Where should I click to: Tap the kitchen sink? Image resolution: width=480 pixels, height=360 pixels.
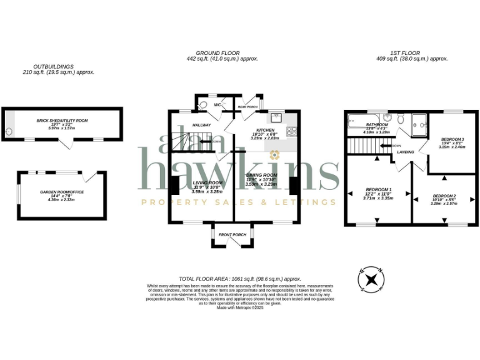pyautogui.click(x=277, y=117)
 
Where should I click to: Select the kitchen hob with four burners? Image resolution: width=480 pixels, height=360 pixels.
pyautogui.click(x=291, y=131)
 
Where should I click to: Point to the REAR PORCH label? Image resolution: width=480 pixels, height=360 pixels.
pyautogui.click(x=247, y=107)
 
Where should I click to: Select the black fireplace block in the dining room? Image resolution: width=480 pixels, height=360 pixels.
pyautogui.click(x=293, y=186)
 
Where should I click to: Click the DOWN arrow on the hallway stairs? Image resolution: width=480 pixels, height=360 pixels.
pyautogui.click(x=216, y=141)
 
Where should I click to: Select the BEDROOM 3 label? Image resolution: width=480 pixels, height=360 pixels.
pyautogui.click(x=452, y=139)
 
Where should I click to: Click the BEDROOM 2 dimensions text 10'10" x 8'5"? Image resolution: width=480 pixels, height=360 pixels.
pyautogui.click(x=444, y=199)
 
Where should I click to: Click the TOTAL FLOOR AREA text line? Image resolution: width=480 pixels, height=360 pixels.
pyautogui.click(x=240, y=279)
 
